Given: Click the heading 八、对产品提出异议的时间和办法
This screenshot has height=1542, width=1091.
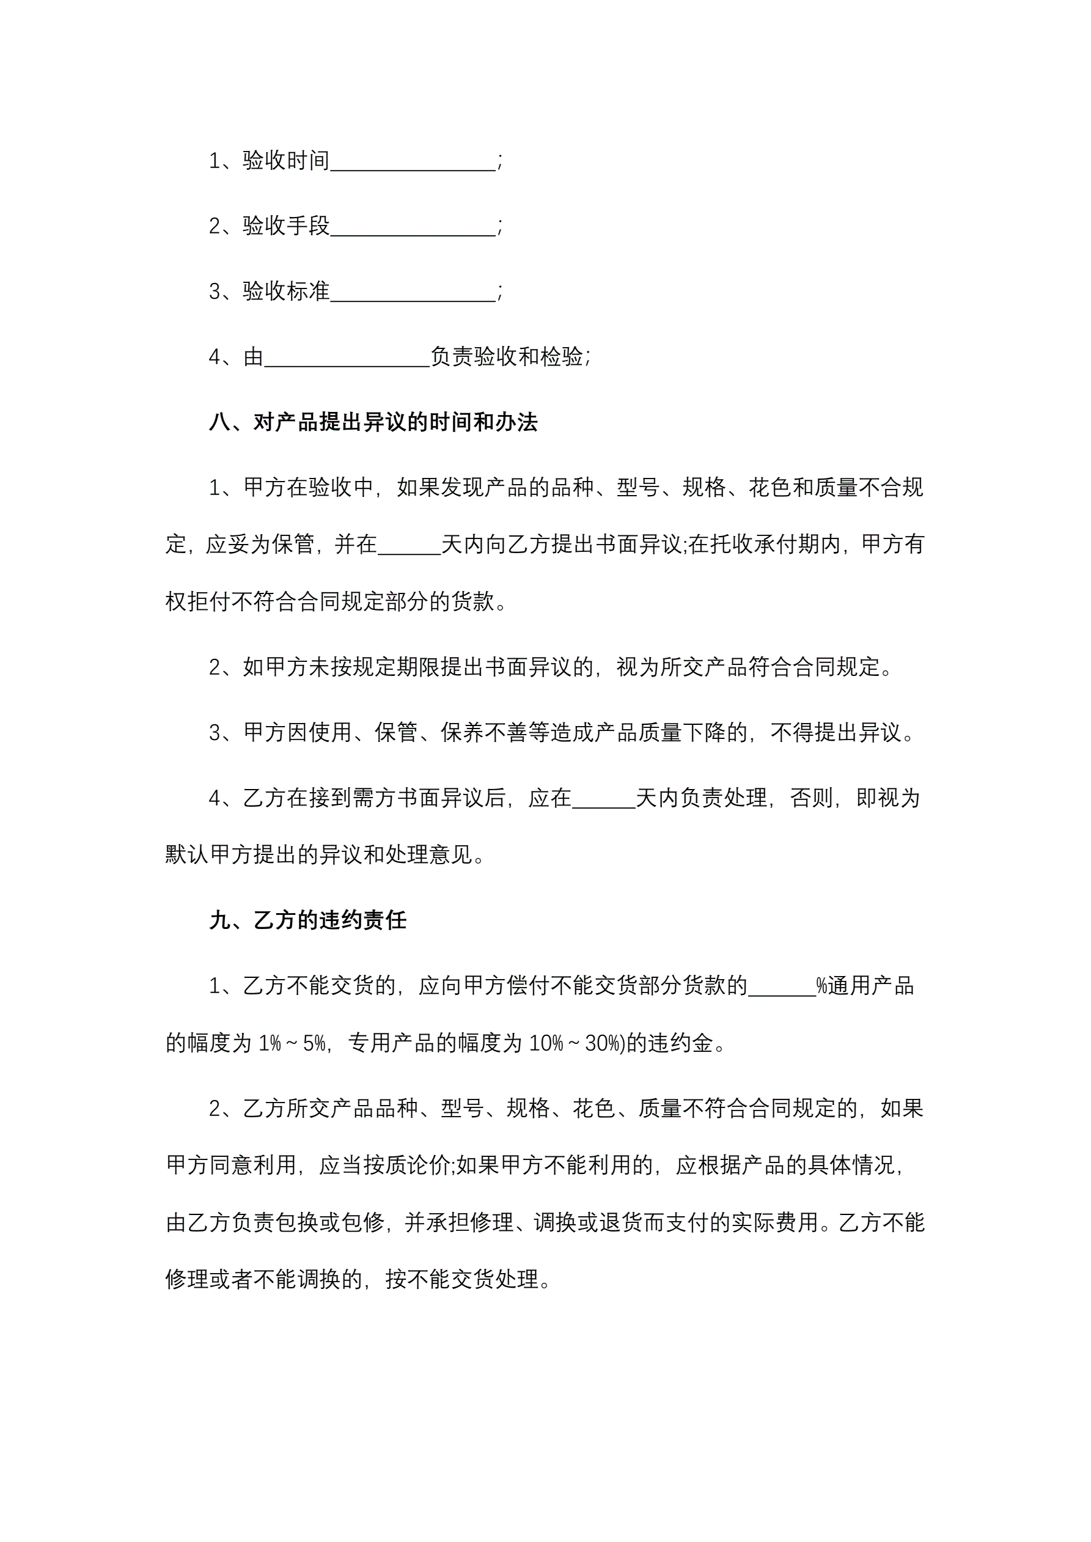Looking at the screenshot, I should [x=373, y=422].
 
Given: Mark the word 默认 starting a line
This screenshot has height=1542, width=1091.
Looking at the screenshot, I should [x=188, y=856].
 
